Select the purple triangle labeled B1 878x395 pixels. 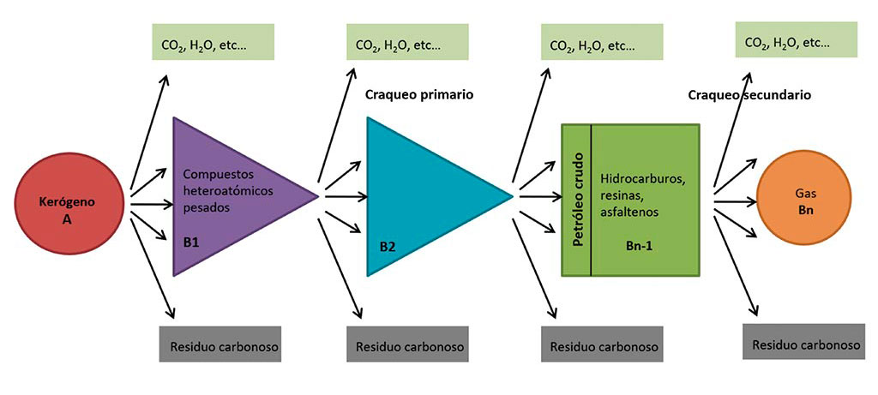pos(232,197)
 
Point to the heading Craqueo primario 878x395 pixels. pos(419,93)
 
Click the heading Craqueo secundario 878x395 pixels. pos(749,94)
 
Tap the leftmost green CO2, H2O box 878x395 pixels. pos(213,43)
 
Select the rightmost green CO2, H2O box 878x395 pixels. pos(797,41)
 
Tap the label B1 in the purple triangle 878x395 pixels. pos(191,242)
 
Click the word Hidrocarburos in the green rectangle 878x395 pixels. pos(646,179)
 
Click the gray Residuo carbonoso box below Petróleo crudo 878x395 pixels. pos(603,345)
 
